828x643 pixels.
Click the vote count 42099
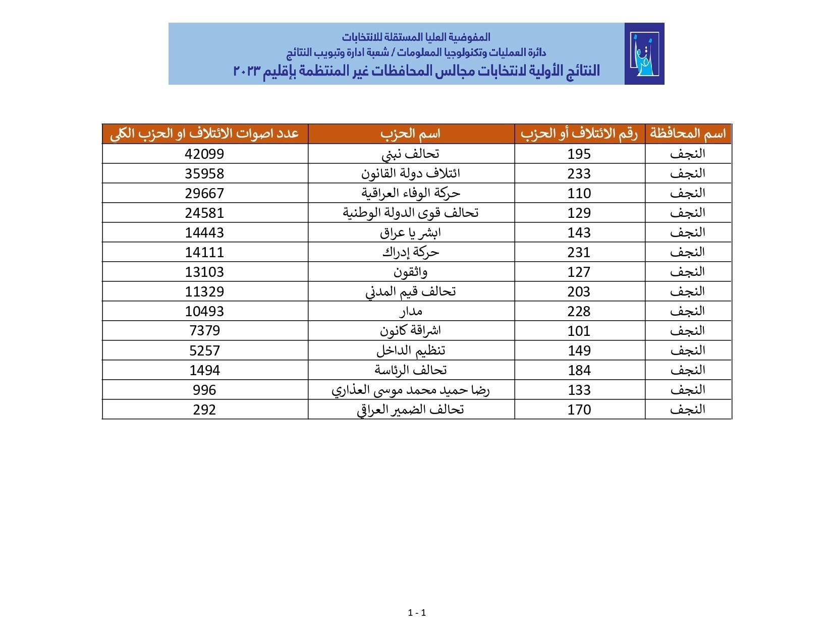click(204, 154)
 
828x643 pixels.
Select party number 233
click(579, 173)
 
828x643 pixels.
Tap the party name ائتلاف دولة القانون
click(411, 173)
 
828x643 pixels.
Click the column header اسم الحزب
click(411, 134)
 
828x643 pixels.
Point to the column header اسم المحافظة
click(688, 134)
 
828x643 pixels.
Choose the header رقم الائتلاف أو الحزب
click(579, 134)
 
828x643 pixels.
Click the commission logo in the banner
click(644, 53)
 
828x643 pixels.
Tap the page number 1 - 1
click(417, 613)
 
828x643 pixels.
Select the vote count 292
click(204, 410)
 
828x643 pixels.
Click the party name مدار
click(411, 311)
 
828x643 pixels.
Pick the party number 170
click(579, 410)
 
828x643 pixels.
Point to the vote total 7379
click(204, 331)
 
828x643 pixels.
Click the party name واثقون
click(411, 272)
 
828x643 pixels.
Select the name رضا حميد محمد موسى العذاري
click(411, 390)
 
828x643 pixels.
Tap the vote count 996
click(204, 390)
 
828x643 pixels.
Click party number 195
click(579, 154)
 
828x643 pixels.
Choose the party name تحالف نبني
click(411, 154)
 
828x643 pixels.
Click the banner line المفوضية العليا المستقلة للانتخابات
click(416, 37)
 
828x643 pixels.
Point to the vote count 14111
click(204, 252)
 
